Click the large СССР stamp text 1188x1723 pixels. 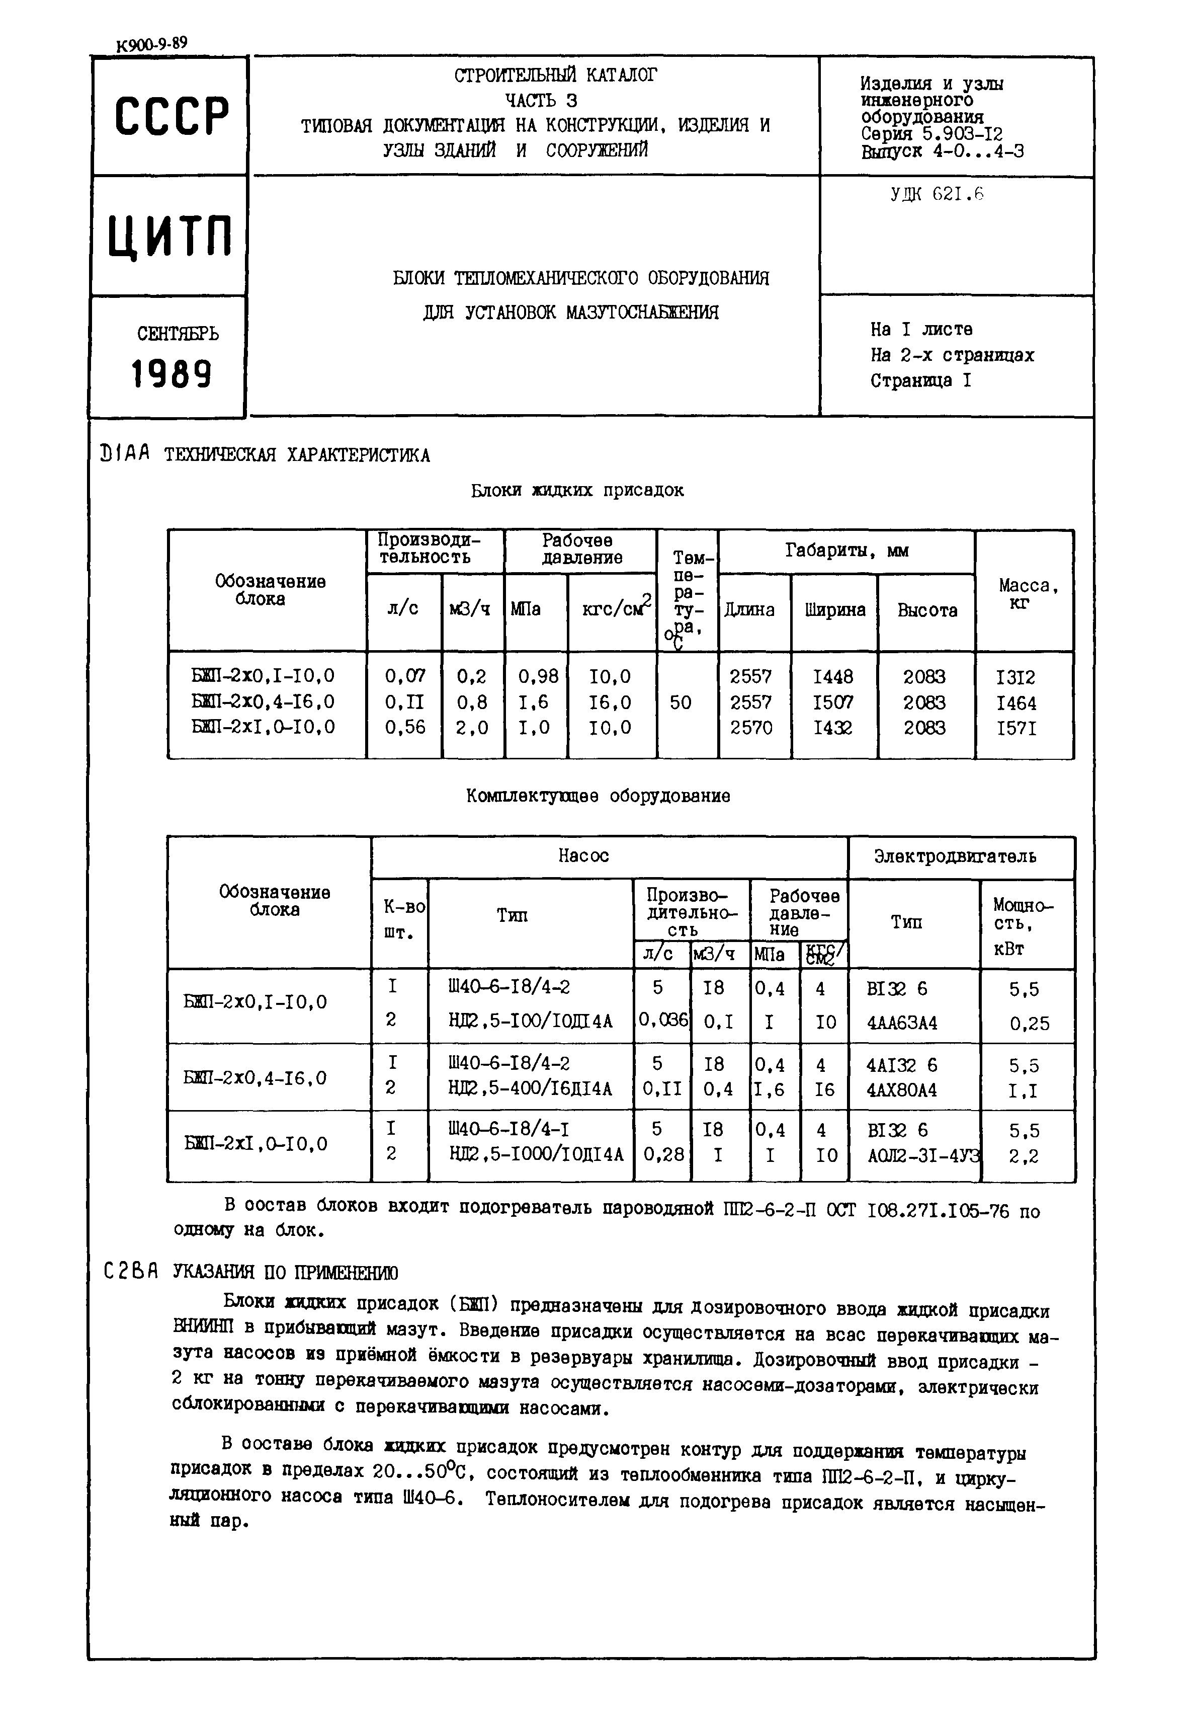click(171, 116)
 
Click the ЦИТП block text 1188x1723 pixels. click(169, 236)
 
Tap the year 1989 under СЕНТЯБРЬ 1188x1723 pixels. click(171, 374)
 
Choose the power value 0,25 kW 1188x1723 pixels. click(1030, 1024)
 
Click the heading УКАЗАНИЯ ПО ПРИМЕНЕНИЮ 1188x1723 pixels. click(285, 1272)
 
